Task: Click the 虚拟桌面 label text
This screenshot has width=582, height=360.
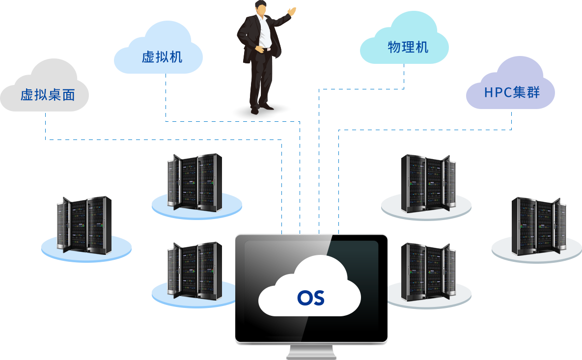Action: tap(48, 95)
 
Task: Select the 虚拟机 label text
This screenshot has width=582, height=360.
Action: tap(162, 57)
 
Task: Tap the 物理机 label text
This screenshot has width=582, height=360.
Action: tap(408, 47)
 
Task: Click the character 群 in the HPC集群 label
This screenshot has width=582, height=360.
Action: tap(534, 92)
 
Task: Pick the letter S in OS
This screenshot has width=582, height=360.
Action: tap(318, 298)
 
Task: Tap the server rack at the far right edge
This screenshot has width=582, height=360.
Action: tap(538, 226)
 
